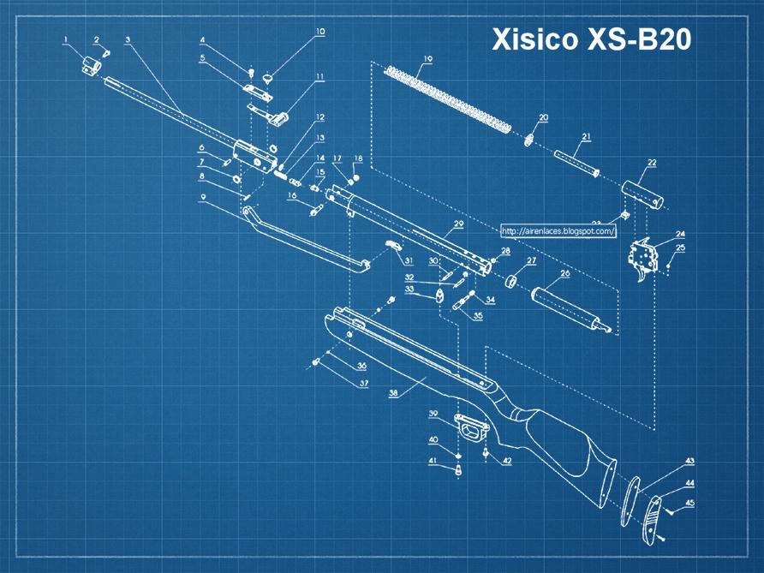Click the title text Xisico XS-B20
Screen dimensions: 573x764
click(x=591, y=39)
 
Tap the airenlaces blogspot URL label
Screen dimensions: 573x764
click(x=558, y=230)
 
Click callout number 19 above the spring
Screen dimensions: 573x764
click(x=427, y=59)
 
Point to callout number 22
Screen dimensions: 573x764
click(x=652, y=163)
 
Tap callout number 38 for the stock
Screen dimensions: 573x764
click(x=393, y=394)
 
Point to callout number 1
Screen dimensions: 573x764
click(x=66, y=39)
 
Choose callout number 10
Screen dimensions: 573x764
click(x=320, y=32)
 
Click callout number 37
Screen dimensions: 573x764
click(x=363, y=384)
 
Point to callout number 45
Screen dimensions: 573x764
click(x=689, y=504)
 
